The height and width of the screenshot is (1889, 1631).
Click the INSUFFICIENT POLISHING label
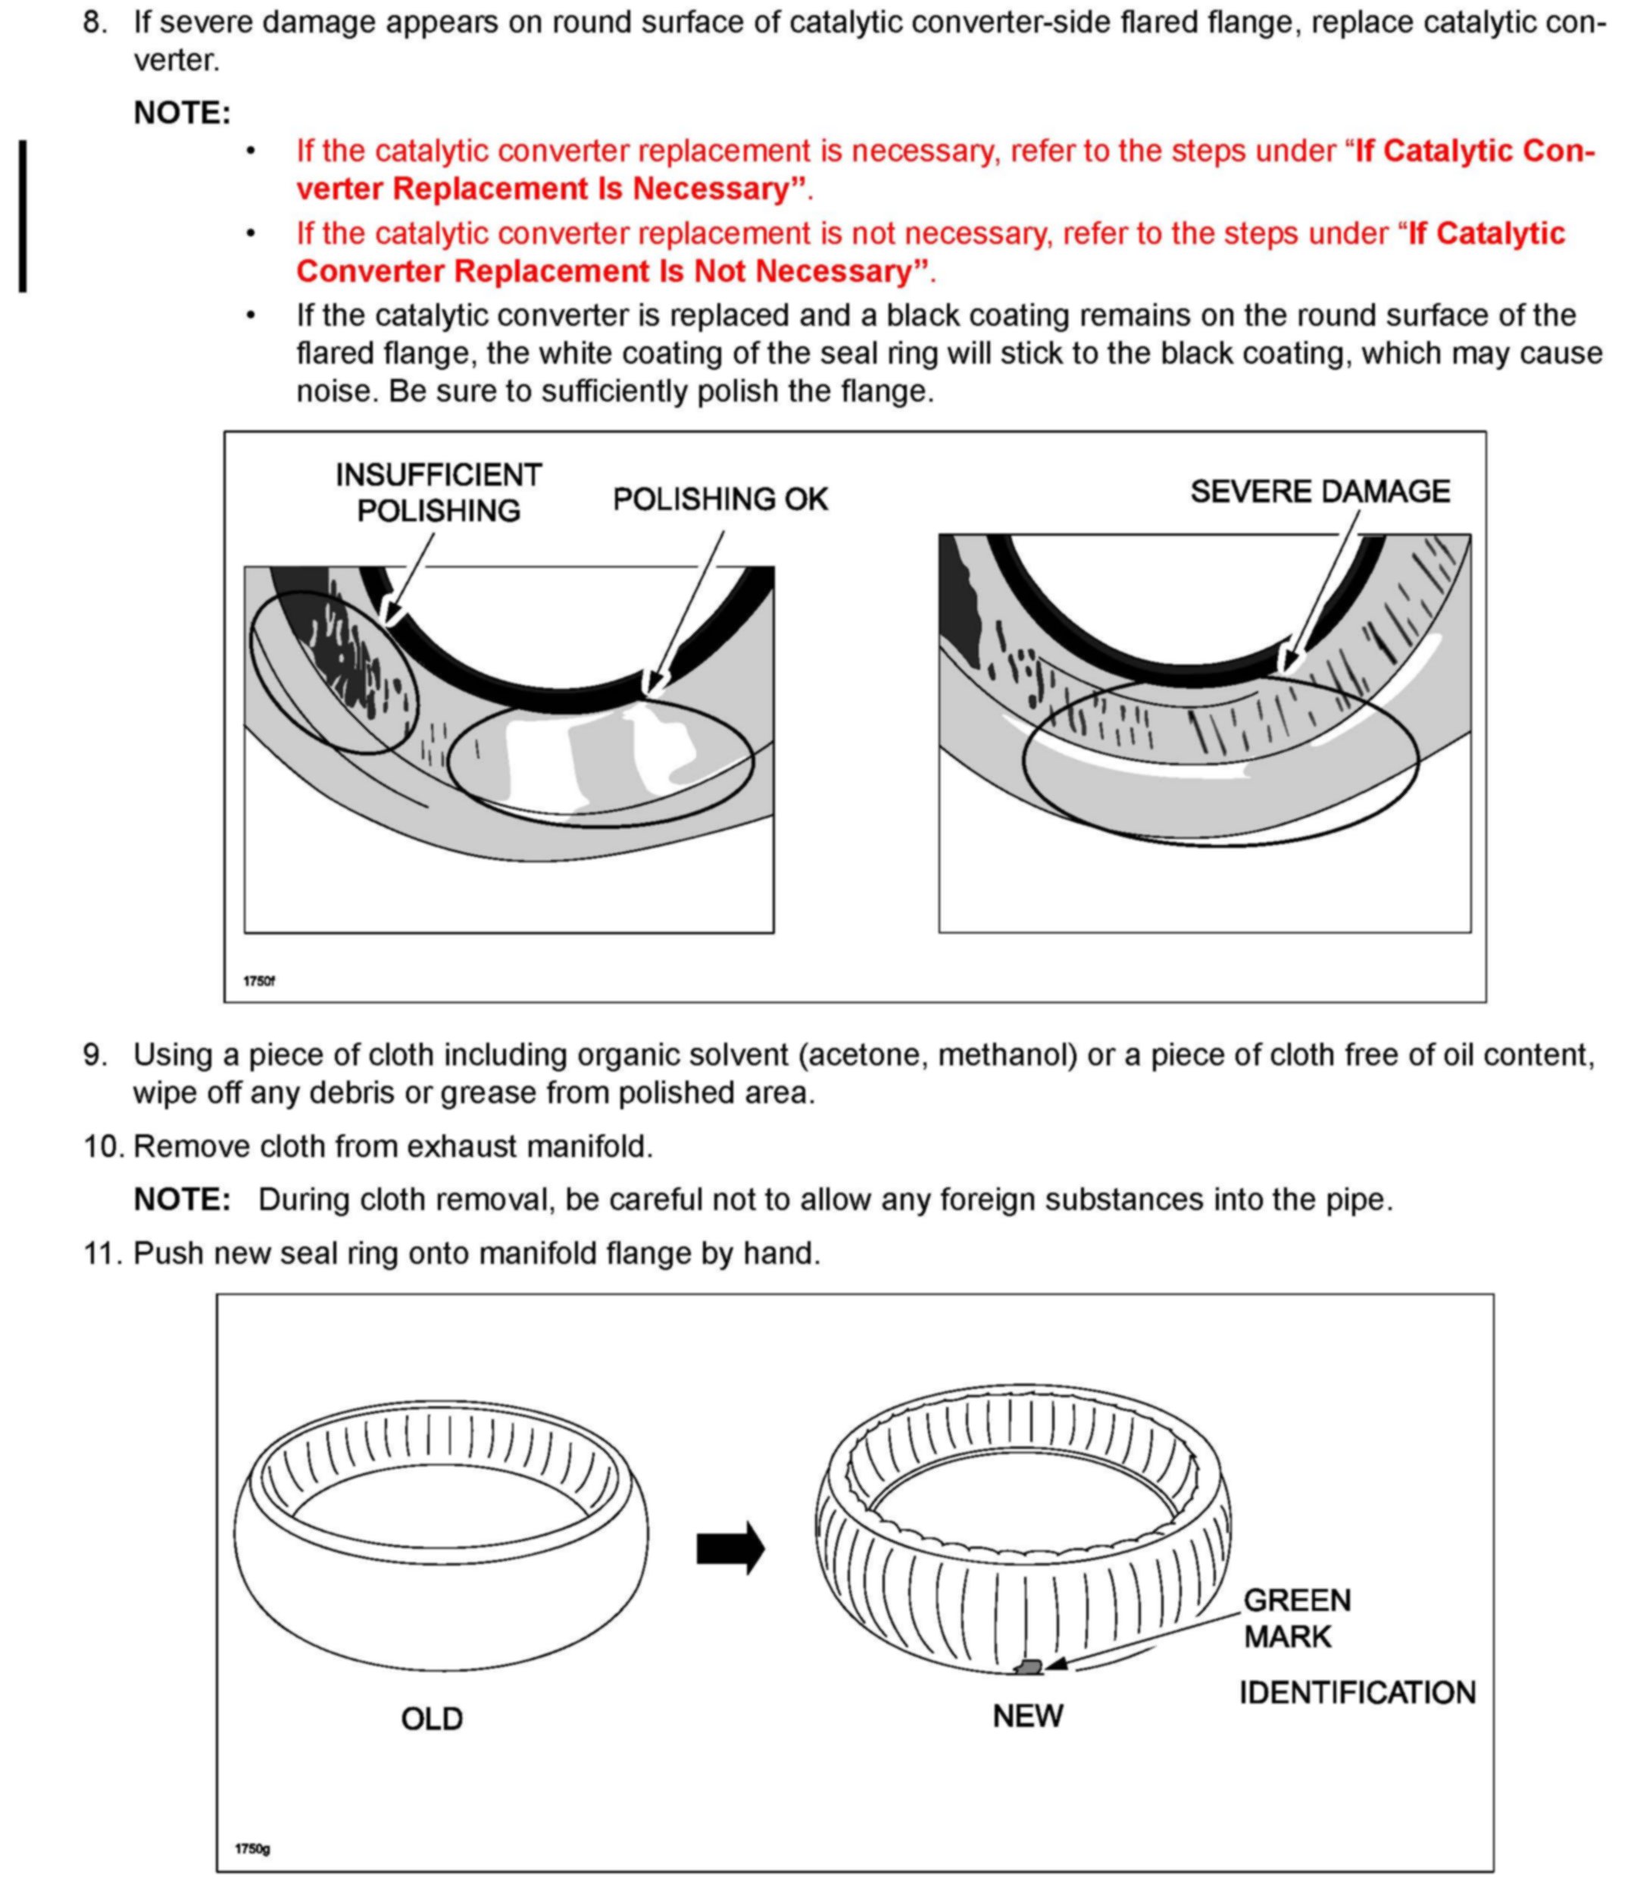439,493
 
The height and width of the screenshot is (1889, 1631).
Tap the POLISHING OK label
720,499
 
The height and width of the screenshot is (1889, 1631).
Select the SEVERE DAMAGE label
1319,492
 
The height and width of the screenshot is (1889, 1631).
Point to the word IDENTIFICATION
1356,1693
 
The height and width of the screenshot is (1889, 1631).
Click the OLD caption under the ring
432,1719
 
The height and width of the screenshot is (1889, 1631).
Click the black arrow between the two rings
730,1547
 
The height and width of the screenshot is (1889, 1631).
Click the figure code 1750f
259,981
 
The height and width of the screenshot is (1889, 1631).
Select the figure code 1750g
252,1849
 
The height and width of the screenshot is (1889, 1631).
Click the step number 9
95,1055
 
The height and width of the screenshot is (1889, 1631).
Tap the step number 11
102,1253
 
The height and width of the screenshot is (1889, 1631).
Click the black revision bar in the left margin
23,216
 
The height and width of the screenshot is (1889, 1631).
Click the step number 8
95,22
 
